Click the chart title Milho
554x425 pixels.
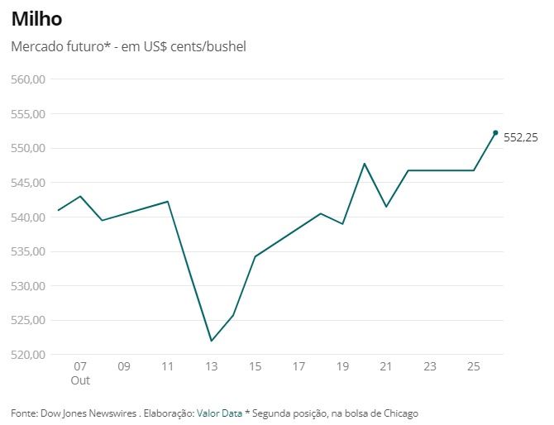[36, 18]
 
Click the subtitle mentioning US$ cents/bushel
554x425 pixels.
[128, 46]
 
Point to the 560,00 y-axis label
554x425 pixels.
[27, 79]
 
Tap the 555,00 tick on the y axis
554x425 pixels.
[27, 114]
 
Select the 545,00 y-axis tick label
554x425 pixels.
[27, 183]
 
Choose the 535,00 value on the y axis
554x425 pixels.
[27, 251]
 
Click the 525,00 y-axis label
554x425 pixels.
[27, 321]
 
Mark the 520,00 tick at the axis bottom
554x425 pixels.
[27, 355]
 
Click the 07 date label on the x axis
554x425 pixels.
[80, 366]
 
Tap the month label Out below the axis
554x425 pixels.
[80, 380]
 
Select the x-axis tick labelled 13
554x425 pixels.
[212, 366]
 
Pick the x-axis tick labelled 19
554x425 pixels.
[342, 366]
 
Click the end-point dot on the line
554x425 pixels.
[495, 132]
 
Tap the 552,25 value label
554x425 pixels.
[521, 138]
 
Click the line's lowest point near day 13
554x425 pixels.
[212, 341]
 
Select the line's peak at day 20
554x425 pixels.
[365, 164]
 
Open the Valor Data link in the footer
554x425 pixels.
[219, 413]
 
